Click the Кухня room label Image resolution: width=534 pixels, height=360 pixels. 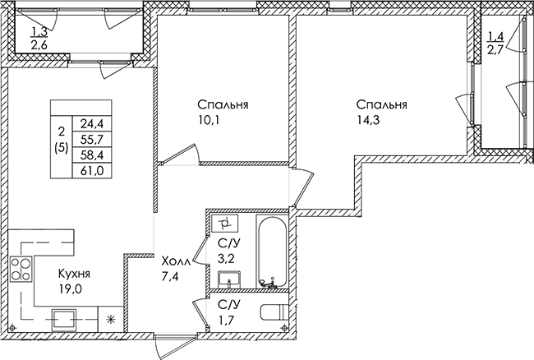(x=74, y=274)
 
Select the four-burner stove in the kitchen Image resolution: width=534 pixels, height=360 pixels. (x=21, y=269)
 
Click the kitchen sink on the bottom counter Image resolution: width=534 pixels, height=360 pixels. (x=63, y=320)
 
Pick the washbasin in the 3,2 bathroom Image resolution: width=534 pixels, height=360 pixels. (x=229, y=279)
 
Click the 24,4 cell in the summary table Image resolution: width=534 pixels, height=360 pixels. (x=92, y=124)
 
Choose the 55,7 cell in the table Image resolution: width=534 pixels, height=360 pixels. (x=92, y=139)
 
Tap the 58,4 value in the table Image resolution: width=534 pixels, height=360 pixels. (x=92, y=155)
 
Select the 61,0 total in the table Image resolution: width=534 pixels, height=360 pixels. (x=92, y=170)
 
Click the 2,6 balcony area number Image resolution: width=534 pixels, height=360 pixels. (x=39, y=44)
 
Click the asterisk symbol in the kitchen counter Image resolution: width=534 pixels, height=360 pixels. (x=110, y=319)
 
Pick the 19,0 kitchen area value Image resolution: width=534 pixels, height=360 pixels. (x=70, y=288)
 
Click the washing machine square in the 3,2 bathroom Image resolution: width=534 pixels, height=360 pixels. (x=224, y=223)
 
